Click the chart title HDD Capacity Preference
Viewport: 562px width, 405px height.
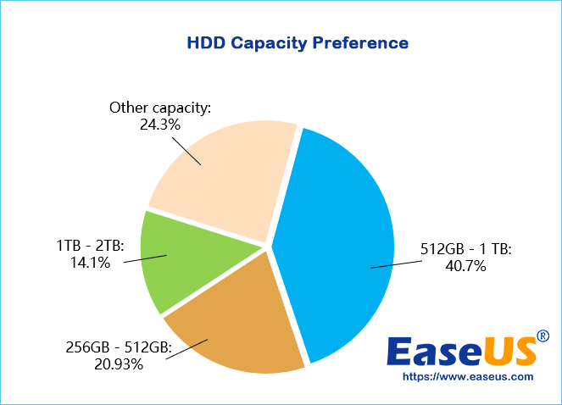[x=297, y=42]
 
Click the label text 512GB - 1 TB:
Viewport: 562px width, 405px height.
[x=466, y=250]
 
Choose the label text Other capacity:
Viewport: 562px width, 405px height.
[x=160, y=108]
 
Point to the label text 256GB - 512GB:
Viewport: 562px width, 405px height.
[x=119, y=347]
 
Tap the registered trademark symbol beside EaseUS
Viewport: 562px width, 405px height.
[x=543, y=336]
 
